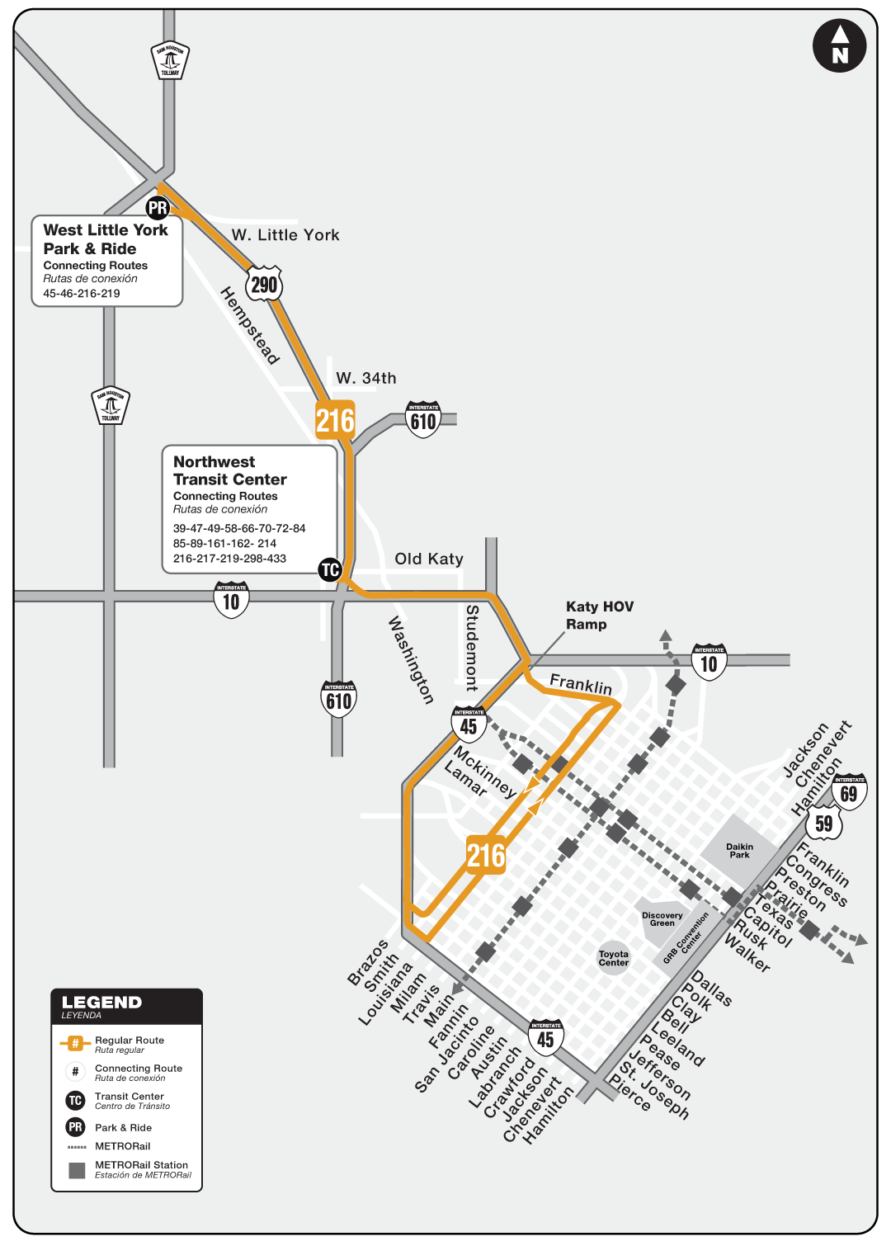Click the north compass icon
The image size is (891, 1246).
point(839,46)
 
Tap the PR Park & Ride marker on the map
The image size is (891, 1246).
point(158,208)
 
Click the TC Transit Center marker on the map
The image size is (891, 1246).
point(330,569)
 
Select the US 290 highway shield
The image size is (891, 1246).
point(264,285)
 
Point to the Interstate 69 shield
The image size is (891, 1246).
point(849,792)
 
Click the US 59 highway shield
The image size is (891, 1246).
point(823,823)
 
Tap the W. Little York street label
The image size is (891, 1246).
point(285,235)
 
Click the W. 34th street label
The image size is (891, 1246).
point(366,378)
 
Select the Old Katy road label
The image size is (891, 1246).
point(429,559)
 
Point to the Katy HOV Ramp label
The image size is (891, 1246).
point(600,616)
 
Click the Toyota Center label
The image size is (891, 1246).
point(614,958)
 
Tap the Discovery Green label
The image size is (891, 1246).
point(662,919)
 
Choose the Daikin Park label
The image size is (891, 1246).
point(739,851)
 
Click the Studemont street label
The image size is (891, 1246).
point(472,648)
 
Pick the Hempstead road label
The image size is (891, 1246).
point(250,325)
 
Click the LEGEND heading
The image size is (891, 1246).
point(102,1003)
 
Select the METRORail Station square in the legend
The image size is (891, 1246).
point(77,1170)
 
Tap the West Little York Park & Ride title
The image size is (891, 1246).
point(106,239)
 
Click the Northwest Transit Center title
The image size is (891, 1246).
point(230,470)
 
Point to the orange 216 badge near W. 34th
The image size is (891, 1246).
point(335,421)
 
